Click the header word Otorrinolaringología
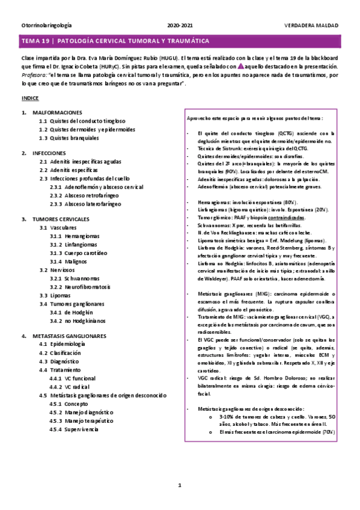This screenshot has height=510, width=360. tap(46, 26)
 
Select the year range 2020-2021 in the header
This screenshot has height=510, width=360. tap(180, 26)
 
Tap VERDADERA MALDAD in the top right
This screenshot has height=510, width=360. tap(311, 26)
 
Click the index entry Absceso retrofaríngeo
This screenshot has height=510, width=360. tap(91, 195)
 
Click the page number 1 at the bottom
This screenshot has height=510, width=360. tap(180, 485)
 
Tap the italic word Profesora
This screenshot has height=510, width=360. tap(35, 77)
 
